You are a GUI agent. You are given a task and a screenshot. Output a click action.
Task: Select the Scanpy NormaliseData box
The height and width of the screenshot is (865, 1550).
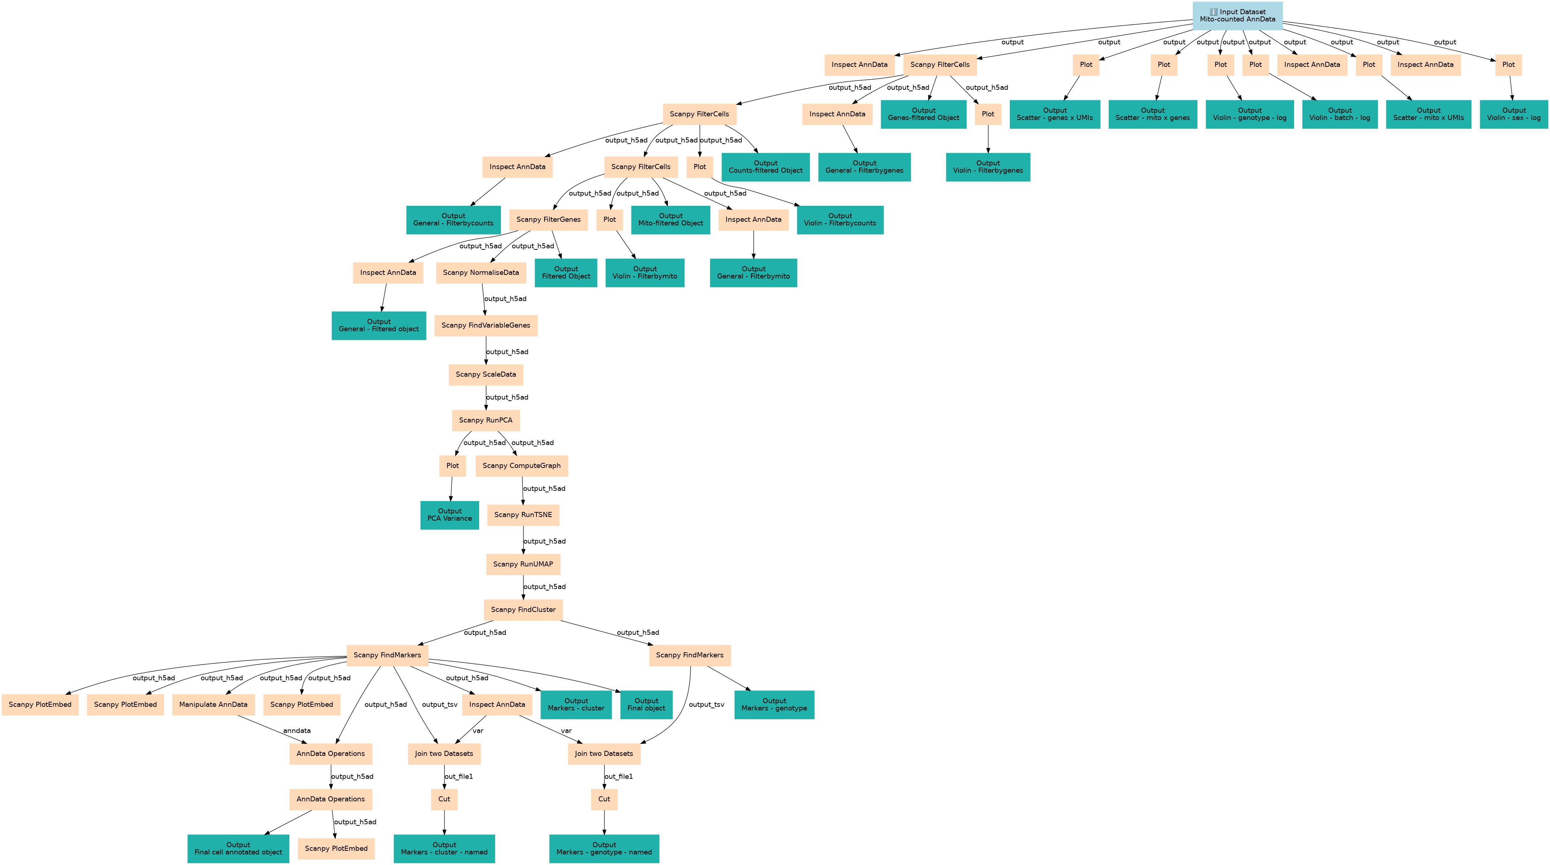(481, 273)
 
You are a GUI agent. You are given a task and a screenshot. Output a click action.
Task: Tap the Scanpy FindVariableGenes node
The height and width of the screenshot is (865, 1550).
(486, 326)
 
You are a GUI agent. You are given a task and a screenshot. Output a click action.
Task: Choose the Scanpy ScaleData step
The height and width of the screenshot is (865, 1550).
(486, 375)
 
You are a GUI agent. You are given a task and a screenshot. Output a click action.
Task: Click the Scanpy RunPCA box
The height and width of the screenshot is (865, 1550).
(486, 420)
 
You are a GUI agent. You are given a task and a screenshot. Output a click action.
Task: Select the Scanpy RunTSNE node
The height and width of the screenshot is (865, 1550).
(523, 514)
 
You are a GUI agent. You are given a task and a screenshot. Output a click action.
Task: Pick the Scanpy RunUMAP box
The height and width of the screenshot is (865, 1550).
(523, 564)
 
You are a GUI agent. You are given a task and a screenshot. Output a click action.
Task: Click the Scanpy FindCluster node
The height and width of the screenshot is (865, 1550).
(523, 610)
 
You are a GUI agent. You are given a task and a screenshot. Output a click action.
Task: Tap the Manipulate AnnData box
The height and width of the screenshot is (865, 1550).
(213, 705)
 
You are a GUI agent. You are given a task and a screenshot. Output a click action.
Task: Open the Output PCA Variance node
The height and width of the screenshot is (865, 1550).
(449, 515)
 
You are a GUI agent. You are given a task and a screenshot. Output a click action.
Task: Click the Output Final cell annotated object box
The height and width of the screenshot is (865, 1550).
(238, 849)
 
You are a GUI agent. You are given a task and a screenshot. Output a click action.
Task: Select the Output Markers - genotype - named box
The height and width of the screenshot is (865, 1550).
(604, 849)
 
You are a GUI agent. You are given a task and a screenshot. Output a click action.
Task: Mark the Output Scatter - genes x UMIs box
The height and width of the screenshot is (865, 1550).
(1055, 115)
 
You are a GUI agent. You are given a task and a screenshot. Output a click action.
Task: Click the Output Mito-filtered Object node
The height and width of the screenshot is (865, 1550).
(670, 220)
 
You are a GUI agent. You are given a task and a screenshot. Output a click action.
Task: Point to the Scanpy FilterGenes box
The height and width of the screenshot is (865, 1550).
(548, 220)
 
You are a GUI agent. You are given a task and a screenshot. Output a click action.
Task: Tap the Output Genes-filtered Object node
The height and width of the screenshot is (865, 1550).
(924, 115)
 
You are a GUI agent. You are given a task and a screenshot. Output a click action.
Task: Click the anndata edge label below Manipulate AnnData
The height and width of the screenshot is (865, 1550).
(297, 731)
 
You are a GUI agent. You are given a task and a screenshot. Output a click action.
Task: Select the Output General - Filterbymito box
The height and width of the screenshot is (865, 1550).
(753, 273)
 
